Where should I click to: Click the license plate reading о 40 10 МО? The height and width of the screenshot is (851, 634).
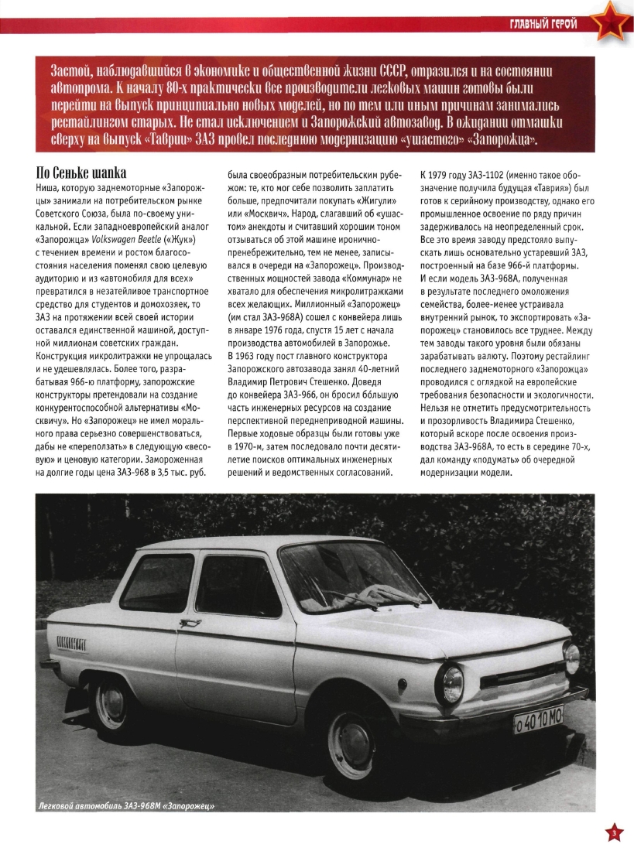[x=539, y=723]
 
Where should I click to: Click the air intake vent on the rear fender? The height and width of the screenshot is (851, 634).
[x=71, y=642]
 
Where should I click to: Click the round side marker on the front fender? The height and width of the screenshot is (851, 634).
[x=403, y=685]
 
